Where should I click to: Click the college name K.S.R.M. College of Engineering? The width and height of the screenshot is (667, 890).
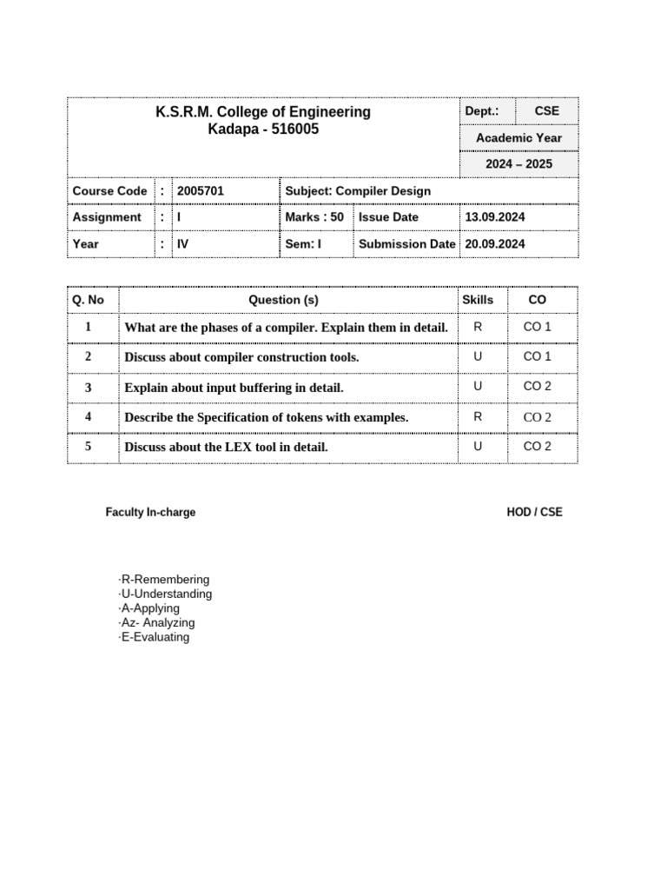[262, 112]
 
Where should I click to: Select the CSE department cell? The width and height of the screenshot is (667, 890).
[546, 111]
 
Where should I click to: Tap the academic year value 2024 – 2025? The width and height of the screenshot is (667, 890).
[519, 164]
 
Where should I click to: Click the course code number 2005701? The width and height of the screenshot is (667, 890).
[201, 191]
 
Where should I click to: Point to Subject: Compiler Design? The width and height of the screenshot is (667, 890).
[358, 191]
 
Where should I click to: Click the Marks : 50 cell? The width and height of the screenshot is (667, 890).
[314, 217]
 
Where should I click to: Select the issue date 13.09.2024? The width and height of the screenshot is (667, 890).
[495, 217]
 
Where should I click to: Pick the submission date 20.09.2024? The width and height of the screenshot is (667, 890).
[495, 244]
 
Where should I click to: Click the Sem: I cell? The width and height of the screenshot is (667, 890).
[303, 244]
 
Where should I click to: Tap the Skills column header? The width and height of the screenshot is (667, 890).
[478, 300]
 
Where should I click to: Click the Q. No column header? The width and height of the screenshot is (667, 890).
[88, 300]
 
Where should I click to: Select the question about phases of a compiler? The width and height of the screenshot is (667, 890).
[287, 328]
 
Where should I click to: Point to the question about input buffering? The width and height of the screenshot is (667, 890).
[234, 388]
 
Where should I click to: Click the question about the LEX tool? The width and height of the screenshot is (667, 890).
[226, 448]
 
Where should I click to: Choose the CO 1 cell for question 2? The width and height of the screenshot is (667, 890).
[537, 356]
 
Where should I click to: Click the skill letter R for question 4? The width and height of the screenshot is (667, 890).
[478, 417]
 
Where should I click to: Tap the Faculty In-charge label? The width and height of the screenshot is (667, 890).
[150, 513]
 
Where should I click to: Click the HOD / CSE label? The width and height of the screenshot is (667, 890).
[534, 513]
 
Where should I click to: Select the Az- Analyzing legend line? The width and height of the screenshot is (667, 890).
[158, 623]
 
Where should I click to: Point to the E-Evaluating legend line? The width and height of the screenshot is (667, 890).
[155, 637]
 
